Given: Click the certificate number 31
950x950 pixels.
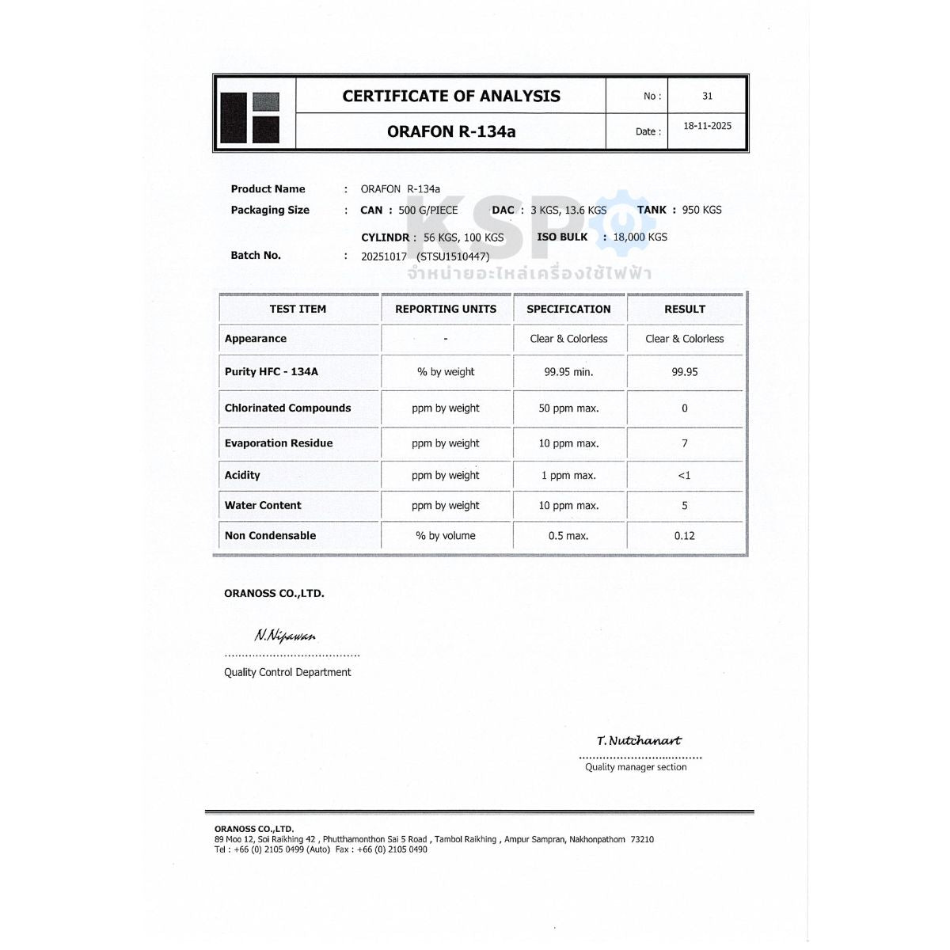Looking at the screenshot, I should point(707,96).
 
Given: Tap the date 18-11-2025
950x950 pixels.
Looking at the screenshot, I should point(707,126).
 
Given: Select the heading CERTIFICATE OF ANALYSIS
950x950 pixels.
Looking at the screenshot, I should point(451,96).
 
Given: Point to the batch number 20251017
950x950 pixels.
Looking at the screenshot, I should point(384,256).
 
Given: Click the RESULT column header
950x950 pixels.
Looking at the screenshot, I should point(684,309).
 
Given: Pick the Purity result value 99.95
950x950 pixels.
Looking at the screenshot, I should point(684,371).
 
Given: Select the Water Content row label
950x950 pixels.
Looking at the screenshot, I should point(263,505).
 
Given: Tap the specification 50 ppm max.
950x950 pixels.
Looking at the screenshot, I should point(568,408).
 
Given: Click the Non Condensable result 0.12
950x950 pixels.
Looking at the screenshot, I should point(684,536).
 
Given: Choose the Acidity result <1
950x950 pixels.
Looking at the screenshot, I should point(684,475).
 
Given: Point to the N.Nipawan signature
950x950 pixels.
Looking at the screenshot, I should point(285,636).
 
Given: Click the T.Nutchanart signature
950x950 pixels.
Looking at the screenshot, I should point(639,741).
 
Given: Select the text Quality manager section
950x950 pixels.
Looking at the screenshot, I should point(636,767).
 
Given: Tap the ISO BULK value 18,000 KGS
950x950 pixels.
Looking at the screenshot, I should point(640,237).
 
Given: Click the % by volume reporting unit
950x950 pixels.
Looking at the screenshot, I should point(446,536).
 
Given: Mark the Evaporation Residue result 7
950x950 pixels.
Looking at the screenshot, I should point(684,443).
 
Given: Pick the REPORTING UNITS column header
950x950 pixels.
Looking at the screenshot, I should point(446,309).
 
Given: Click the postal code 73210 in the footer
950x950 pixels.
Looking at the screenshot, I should point(642,839).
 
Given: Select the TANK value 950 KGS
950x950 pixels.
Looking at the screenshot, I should point(701,210).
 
